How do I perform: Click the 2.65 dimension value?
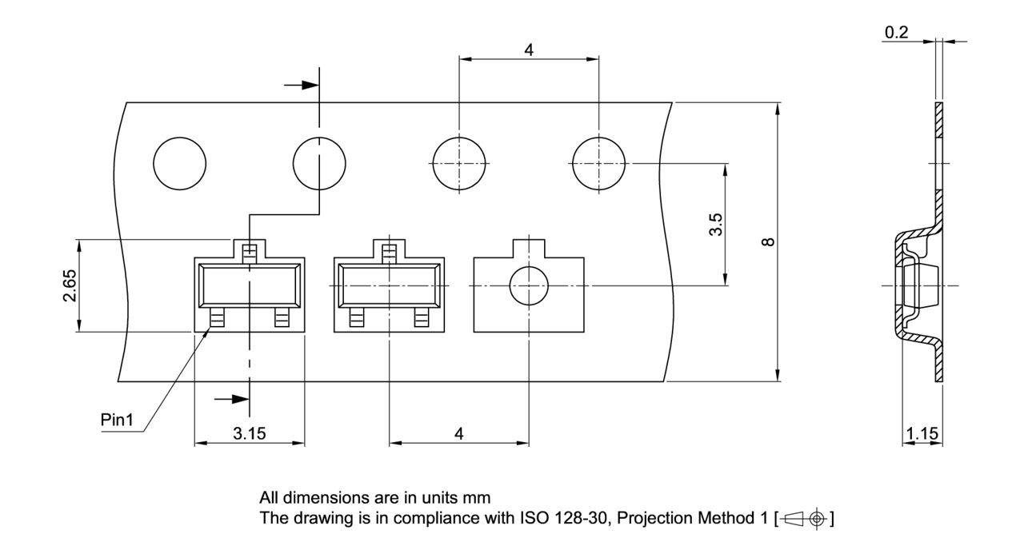(70, 285)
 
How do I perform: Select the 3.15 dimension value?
(250, 433)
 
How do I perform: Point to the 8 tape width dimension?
(769, 241)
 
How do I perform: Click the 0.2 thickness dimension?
(897, 33)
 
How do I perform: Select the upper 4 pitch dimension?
(529, 49)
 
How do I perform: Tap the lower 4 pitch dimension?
(458, 433)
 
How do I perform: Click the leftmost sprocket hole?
(179, 164)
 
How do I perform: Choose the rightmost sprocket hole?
(598, 164)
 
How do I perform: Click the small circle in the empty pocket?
(529, 286)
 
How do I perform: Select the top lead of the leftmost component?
(250, 253)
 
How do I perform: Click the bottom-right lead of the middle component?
(421, 320)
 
